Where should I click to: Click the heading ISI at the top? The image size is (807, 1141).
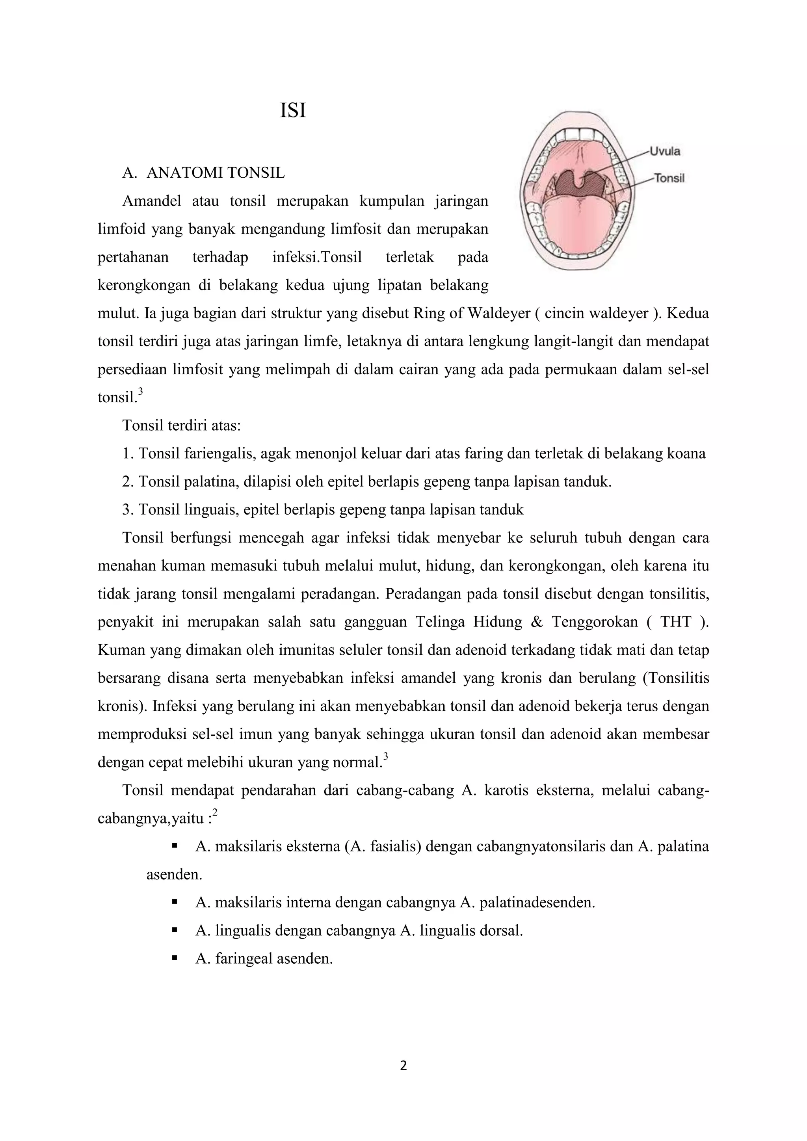pyautogui.click(x=293, y=111)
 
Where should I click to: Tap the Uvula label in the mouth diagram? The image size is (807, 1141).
pyautogui.click(x=665, y=151)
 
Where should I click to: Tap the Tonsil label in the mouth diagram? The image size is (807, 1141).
pyautogui.click(x=669, y=178)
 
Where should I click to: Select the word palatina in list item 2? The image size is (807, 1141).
pyautogui.click(x=211, y=481)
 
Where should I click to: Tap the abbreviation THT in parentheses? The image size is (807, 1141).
pyautogui.click(x=675, y=622)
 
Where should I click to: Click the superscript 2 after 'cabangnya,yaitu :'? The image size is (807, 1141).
pyautogui.click(x=215, y=812)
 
